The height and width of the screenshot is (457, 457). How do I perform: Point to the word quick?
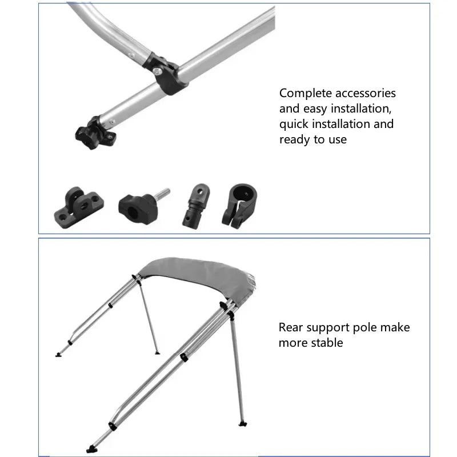tap(294, 125)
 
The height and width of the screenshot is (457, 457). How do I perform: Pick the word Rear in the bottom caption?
tap(292, 327)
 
